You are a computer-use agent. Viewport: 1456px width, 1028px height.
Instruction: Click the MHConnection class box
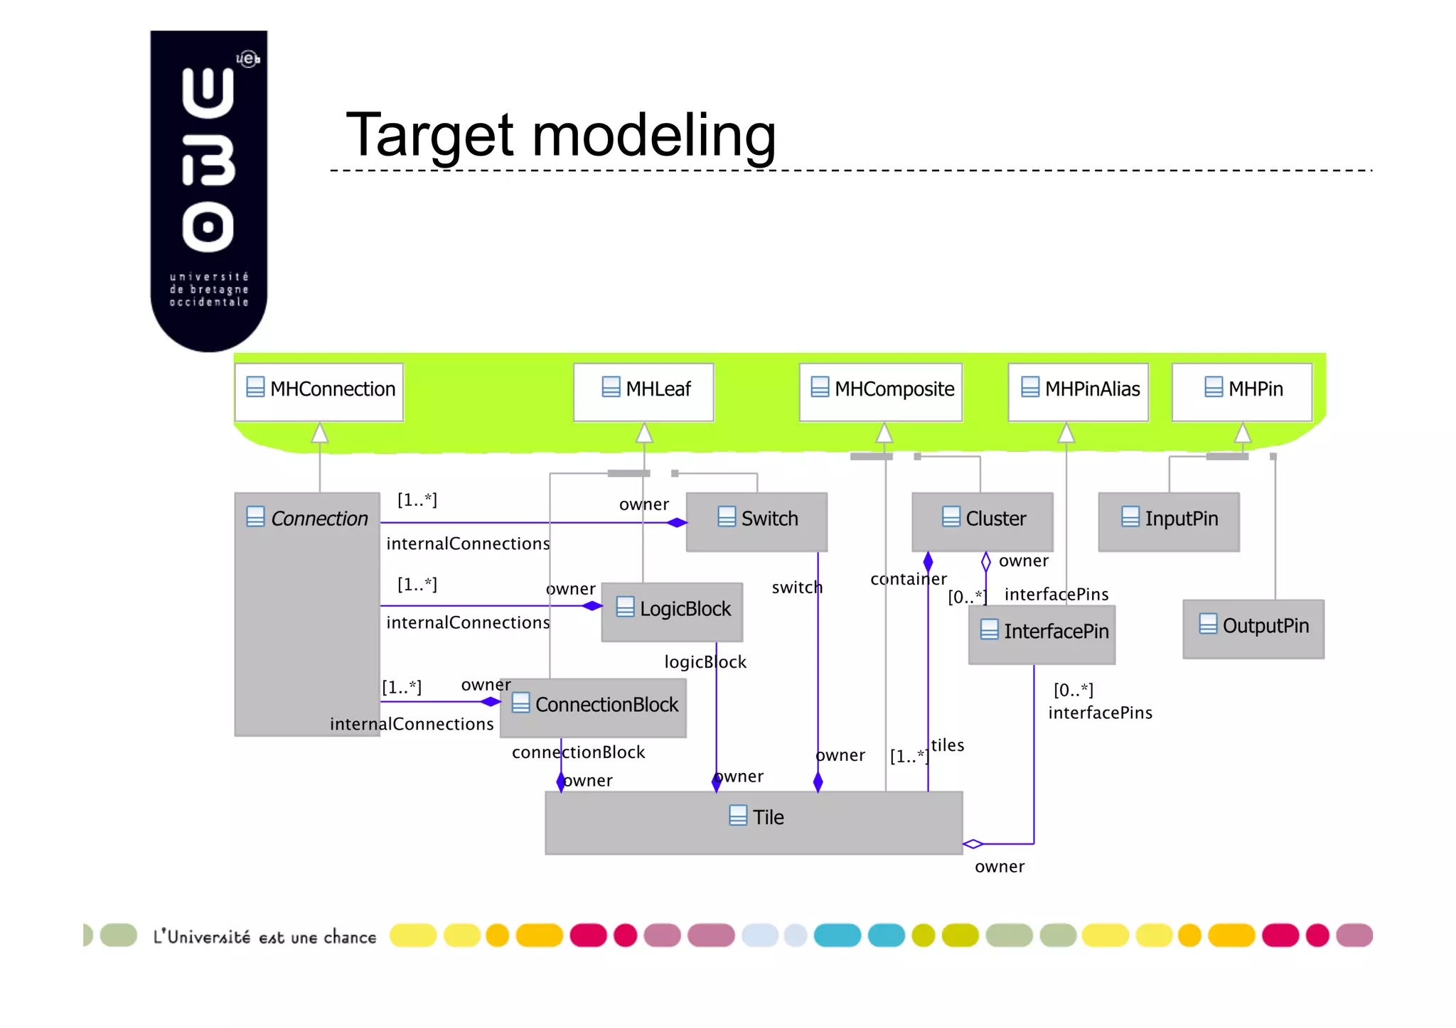click(x=319, y=391)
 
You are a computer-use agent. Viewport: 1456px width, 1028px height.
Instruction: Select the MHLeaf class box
click(x=643, y=391)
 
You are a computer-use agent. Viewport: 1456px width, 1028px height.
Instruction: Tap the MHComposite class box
click(x=880, y=391)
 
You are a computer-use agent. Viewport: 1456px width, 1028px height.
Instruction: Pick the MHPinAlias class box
click(x=1078, y=391)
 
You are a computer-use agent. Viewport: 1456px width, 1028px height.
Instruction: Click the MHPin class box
click(x=1241, y=391)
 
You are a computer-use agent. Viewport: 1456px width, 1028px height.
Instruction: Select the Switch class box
click(x=756, y=521)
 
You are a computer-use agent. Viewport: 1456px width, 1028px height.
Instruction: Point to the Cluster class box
click(x=983, y=521)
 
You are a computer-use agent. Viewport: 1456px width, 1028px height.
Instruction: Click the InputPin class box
click(x=1169, y=521)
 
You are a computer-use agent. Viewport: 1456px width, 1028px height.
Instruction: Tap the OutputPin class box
click(x=1253, y=628)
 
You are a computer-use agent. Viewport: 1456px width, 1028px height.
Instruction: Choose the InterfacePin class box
click(x=1042, y=634)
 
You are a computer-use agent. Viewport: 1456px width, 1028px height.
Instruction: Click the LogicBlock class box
click(x=673, y=611)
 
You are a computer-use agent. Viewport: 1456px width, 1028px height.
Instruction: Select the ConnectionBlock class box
click(x=594, y=707)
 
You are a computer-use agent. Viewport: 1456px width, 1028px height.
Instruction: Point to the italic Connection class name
click(x=319, y=519)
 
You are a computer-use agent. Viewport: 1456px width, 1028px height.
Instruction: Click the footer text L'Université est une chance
click(x=264, y=937)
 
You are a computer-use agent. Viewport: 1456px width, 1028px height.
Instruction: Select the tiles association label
click(x=948, y=745)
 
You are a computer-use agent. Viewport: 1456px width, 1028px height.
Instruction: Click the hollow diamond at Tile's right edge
click(x=973, y=844)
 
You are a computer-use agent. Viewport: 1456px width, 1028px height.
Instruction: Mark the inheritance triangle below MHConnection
click(x=320, y=433)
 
